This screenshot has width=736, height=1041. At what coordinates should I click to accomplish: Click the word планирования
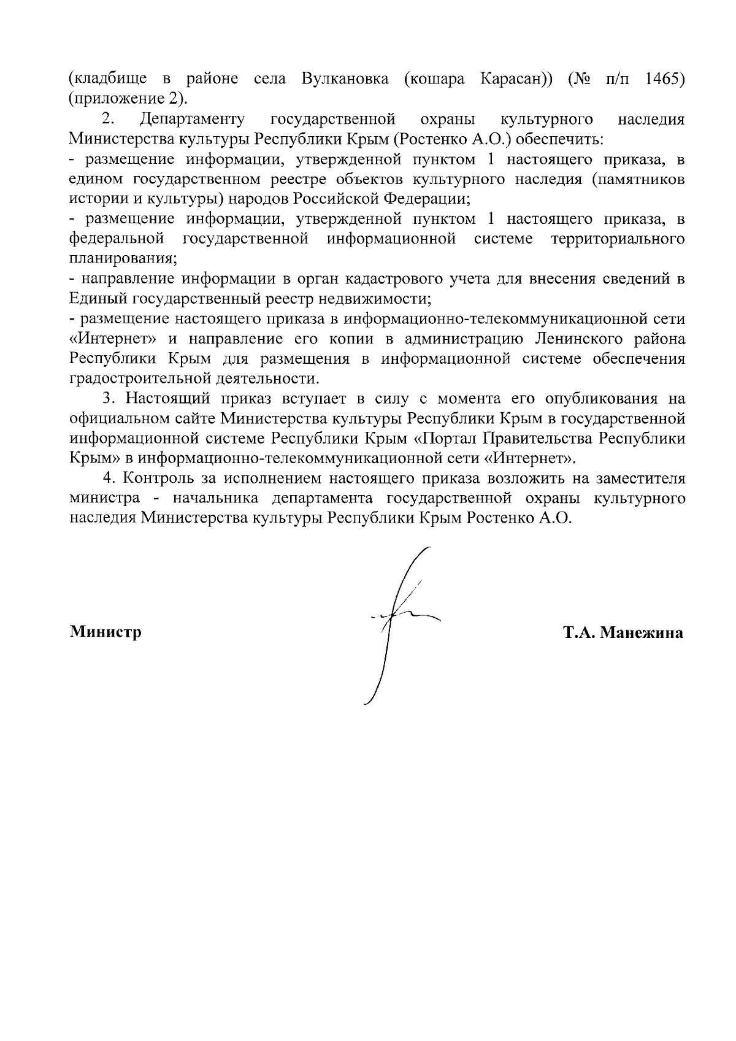pyautogui.click(x=123, y=258)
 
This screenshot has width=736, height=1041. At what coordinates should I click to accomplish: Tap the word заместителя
pyautogui.click(x=638, y=478)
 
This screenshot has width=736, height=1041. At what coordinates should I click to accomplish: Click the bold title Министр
pyautogui.click(x=105, y=632)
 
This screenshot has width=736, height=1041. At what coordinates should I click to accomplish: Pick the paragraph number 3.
pyautogui.click(x=108, y=399)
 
